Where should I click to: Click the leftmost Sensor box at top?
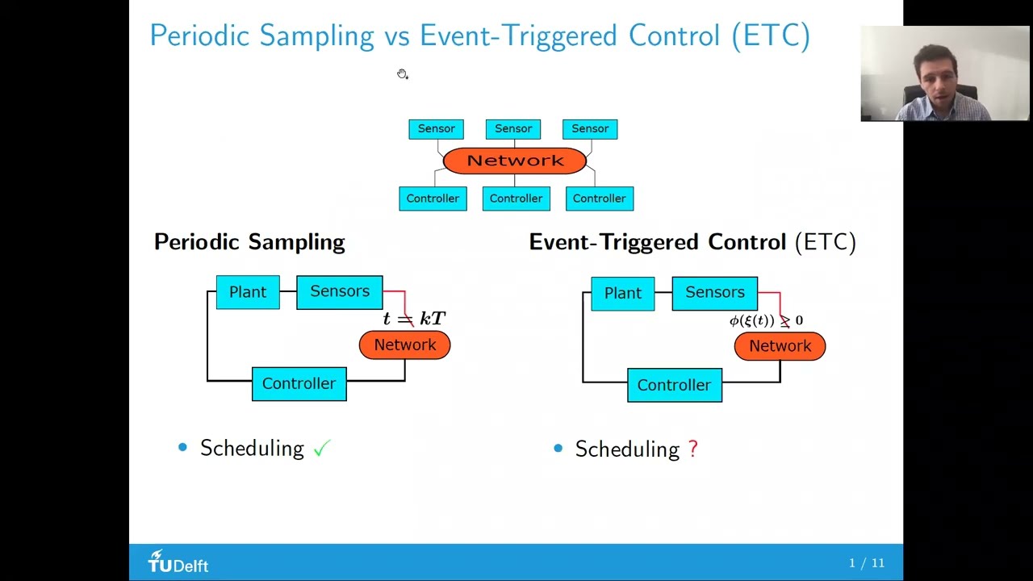[x=436, y=129]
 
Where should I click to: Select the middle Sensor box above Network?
[x=513, y=129]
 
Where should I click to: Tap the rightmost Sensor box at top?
[x=590, y=129]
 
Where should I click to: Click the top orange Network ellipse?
[x=515, y=161]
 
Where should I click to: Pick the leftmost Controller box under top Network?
[x=433, y=199]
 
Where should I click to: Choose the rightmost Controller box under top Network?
[x=600, y=199]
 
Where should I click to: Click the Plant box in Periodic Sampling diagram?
[x=248, y=292]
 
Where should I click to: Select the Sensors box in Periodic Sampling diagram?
[x=340, y=292]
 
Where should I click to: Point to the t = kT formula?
[x=414, y=319]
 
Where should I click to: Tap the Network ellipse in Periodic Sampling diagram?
[x=404, y=345]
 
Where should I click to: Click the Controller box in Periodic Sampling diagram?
[x=299, y=384]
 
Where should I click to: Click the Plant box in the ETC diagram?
[x=623, y=294]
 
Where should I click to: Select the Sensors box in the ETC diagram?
[x=715, y=293]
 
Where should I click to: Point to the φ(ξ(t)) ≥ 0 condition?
[x=766, y=321]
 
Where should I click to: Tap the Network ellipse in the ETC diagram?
[x=780, y=346]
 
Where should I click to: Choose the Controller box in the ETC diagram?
[x=675, y=386]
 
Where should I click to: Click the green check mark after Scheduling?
[x=322, y=449]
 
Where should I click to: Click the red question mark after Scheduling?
[x=693, y=449]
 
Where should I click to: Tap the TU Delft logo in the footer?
[x=178, y=562]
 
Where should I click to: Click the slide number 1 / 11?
[x=866, y=563]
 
